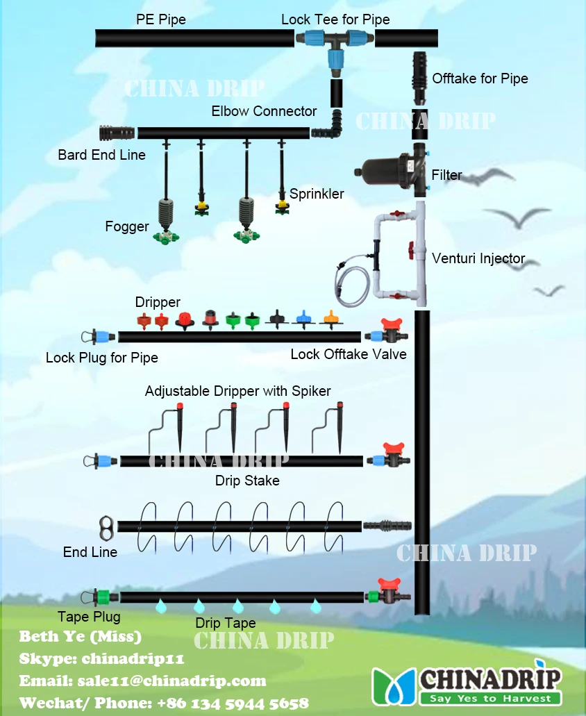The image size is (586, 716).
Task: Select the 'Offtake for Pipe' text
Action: click(480, 78)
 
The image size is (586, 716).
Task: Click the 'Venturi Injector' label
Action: click(478, 258)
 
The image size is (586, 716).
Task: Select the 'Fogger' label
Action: click(127, 226)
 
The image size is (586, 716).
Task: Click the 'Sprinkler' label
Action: click(317, 194)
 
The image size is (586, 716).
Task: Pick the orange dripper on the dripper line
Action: click(331, 320)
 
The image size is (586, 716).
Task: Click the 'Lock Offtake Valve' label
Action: click(349, 354)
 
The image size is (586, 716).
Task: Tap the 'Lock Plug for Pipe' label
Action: click(102, 358)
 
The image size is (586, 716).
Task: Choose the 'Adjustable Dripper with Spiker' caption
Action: click(238, 391)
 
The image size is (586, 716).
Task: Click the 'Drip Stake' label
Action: click(247, 481)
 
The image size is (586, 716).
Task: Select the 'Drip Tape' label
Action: click(225, 623)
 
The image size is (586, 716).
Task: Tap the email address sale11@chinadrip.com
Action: click(142, 681)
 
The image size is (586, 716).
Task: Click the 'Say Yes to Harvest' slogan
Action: click(490, 698)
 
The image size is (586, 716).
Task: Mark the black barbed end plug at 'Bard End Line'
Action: click(115, 133)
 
